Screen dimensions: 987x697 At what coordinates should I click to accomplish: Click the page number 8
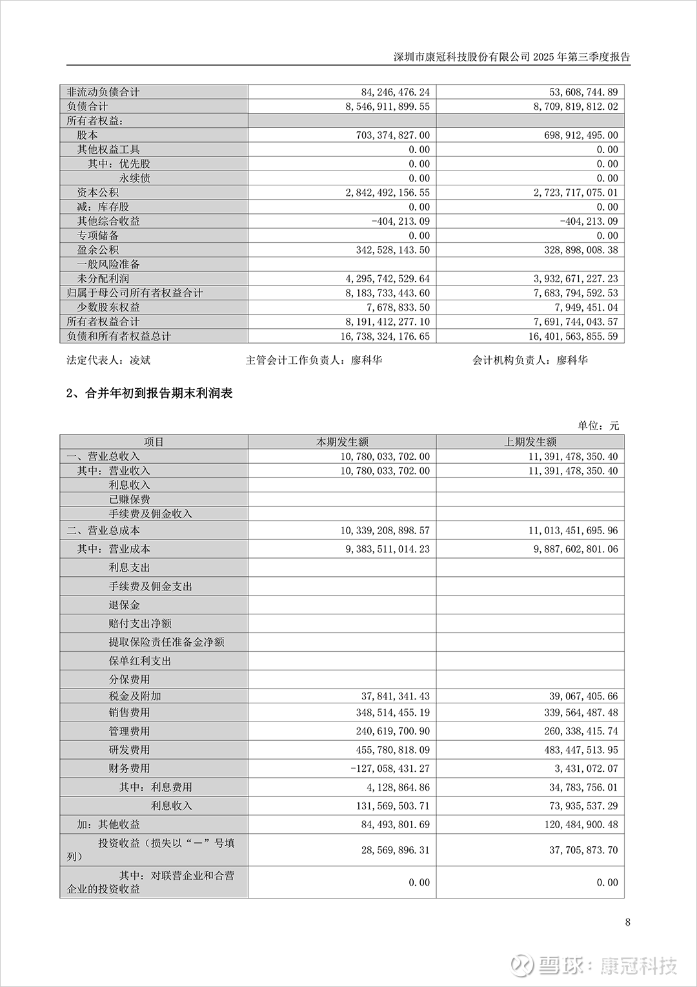click(628, 922)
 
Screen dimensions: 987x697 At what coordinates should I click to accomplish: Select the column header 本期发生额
click(342, 442)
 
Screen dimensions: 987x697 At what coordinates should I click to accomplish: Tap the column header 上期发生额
click(530, 442)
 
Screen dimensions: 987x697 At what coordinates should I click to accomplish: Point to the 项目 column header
click(154, 442)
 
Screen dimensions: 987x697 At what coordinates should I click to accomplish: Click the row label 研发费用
click(129, 750)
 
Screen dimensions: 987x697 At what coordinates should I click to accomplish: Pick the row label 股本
click(87, 135)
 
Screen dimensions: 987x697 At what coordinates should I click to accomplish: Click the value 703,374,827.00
click(387, 135)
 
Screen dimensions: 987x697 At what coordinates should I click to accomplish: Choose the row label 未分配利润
click(103, 278)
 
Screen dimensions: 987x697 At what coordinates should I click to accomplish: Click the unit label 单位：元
click(598, 425)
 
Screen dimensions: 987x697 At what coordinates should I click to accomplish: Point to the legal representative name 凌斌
click(140, 360)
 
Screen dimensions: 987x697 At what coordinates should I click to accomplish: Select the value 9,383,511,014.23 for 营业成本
click(385, 549)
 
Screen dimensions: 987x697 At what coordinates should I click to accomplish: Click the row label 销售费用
click(129, 712)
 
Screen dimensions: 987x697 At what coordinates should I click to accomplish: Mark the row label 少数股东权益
click(108, 307)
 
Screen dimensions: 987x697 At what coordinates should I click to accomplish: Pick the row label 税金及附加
click(135, 696)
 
